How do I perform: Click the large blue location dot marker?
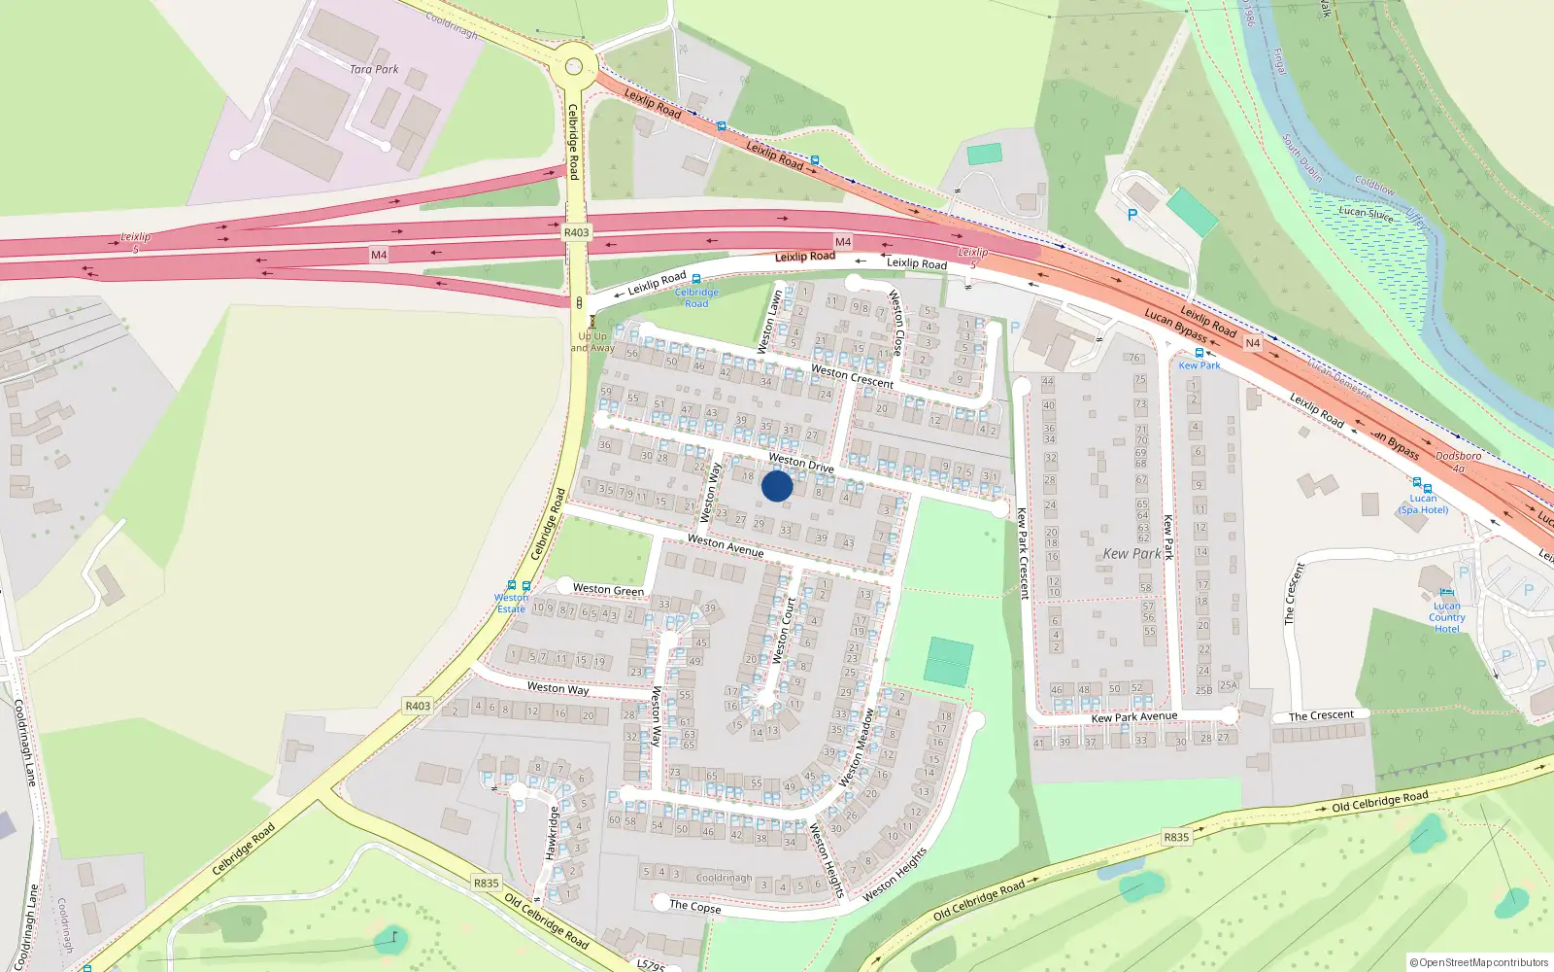pos(777,486)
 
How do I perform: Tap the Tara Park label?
pos(374,69)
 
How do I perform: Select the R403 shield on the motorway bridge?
pos(576,232)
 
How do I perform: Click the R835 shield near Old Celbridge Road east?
pos(1176,837)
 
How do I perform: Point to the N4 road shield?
pos(1253,343)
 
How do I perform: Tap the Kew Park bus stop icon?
pos(1199,353)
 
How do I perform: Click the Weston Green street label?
pos(608,589)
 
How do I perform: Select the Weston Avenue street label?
pos(726,546)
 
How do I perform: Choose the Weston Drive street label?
pos(801,462)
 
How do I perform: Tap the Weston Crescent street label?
pos(852,376)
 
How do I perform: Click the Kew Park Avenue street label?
pos(1134,717)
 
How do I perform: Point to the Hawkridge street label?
pos(552,833)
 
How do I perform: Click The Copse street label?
pos(695,906)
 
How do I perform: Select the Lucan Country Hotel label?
pos(1446,617)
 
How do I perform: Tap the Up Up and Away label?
pos(592,342)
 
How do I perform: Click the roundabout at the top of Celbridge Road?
pos(574,66)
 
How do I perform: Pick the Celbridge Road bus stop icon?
pos(695,279)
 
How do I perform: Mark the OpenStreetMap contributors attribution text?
pos(1479,962)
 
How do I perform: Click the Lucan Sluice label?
pos(1366,213)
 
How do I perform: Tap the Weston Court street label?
pos(783,631)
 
